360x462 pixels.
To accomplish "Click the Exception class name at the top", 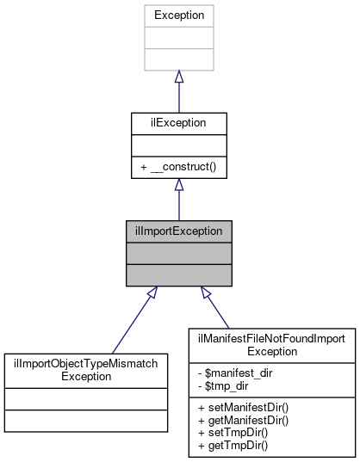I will pos(178,15).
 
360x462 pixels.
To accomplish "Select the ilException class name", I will pos(178,123).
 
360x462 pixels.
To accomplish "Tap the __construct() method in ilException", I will pos(178,166).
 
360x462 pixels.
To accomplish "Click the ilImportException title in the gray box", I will pos(179,231).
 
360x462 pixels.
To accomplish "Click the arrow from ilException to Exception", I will pos(178,90).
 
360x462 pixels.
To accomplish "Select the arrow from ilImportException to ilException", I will pos(178,200).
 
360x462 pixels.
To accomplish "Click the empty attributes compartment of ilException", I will pos(178,145).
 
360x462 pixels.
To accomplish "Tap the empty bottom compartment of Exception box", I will pos(178,59).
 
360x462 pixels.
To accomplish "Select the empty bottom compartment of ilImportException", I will pos(179,274).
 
